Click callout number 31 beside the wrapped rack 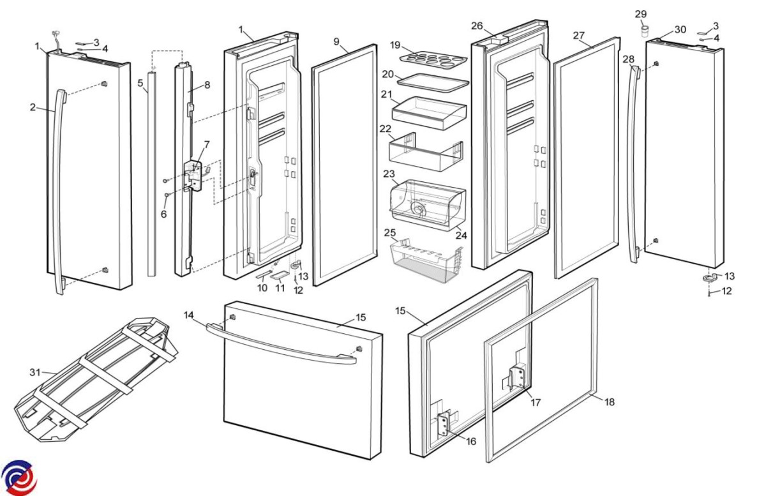point(34,372)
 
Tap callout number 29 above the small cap point(641,14)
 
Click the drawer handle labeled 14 point(281,345)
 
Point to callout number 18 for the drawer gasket point(610,402)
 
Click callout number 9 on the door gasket point(336,41)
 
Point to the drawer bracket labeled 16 point(443,424)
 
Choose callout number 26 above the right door point(477,26)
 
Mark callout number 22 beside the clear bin point(385,129)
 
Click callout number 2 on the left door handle point(33,107)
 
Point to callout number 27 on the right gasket point(579,36)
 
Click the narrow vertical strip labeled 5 point(151,172)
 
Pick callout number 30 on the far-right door point(679,29)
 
